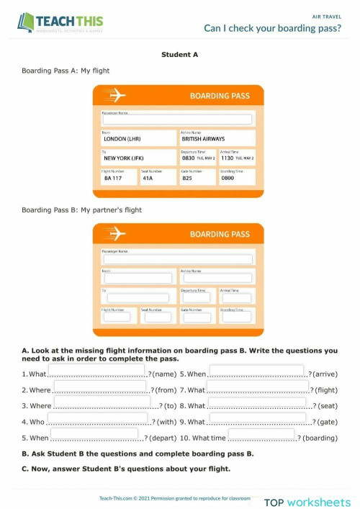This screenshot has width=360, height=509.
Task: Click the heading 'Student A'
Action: click(x=179, y=54)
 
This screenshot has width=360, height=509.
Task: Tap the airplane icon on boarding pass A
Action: click(x=114, y=95)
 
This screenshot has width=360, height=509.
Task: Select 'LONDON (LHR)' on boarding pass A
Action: click(x=122, y=139)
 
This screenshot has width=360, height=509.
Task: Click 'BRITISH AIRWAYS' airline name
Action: click(x=203, y=139)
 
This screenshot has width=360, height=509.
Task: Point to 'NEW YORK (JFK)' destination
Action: click(x=125, y=158)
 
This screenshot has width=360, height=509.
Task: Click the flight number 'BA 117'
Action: click(x=113, y=177)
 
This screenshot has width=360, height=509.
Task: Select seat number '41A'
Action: click(x=148, y=177)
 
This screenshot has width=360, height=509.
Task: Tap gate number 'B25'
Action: click(x=187, y=177)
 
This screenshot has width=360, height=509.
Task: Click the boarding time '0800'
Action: click(x=228, y=177)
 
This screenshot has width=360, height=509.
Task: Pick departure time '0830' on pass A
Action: click(x=188, y=158)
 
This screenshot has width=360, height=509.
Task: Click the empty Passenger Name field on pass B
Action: click(x=178, y=259)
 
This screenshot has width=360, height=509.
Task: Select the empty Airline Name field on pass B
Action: click(x=217, y=278)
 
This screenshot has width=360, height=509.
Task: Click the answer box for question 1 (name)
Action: click(x=96, y=370)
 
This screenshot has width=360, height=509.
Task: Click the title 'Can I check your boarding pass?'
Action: click(x=272, y=28)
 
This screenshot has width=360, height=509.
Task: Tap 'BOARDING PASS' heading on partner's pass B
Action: click(x=220, y=234)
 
